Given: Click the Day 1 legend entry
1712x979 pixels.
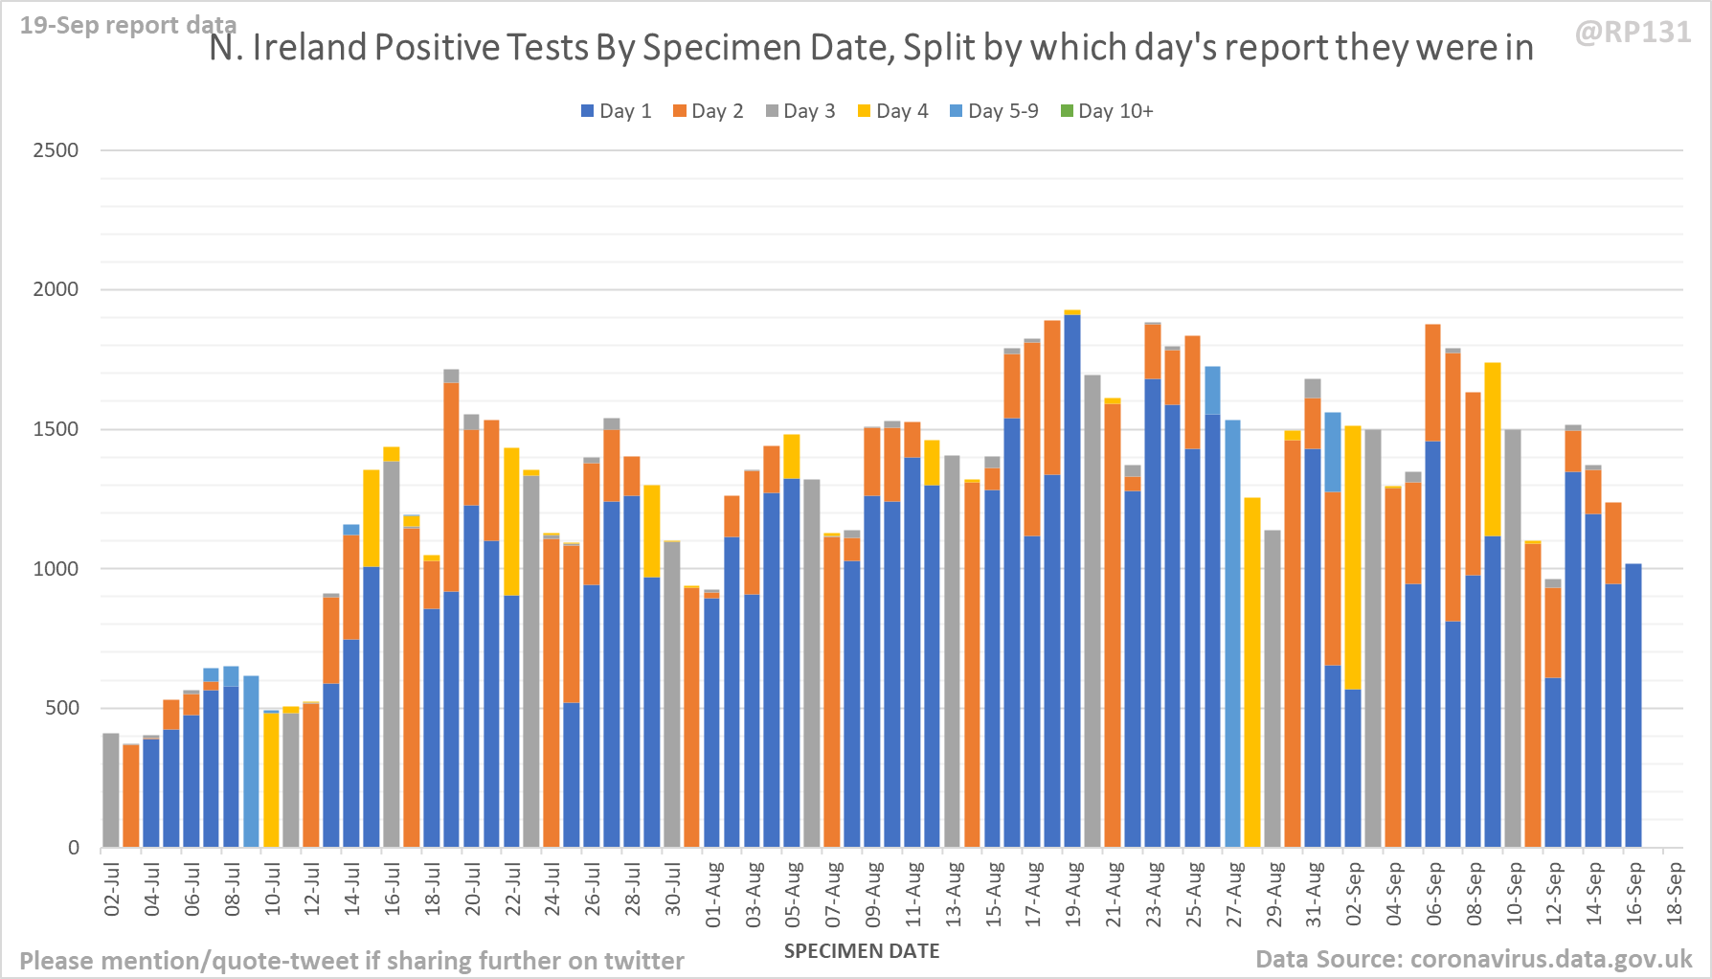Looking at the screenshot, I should [x=616, y=111].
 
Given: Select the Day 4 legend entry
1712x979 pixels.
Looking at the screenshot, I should [x=892, y=111].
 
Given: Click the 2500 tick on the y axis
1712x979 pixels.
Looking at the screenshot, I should [x=56, y=150].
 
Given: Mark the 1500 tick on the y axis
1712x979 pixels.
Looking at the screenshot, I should [x=56, y=429].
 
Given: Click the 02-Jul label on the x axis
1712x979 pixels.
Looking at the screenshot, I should [x=112, y=889].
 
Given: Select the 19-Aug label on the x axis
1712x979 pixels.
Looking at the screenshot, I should [x=1073, y=894].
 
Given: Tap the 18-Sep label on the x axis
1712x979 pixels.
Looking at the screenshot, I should [x=1675, y=894].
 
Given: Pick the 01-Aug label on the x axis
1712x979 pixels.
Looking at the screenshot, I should [x=713, y=894].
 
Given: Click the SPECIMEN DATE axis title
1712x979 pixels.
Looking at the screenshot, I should [x=861, y=951].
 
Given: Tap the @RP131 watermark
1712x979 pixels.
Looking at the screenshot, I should [x=1633, y=33].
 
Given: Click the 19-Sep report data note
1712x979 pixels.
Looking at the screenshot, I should [x=127, y=25].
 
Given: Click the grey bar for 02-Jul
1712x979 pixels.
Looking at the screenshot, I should [x=111, y=790].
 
